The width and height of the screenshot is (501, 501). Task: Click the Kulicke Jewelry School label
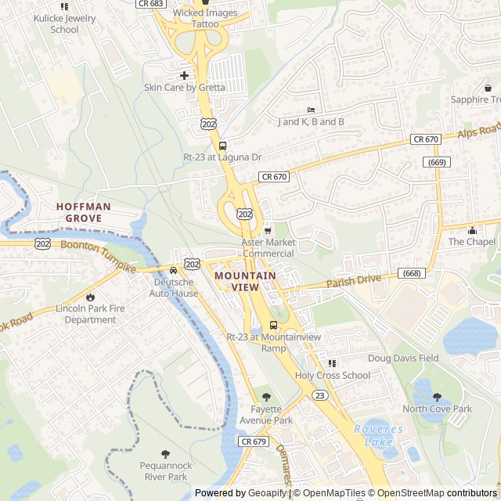[64, 23]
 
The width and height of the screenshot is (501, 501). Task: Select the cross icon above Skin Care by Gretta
[184, 75]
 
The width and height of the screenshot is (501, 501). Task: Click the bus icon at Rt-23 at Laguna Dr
[222, 145]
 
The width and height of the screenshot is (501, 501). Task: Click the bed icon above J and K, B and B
[311, 110]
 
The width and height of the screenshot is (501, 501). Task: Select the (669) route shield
[438, 162]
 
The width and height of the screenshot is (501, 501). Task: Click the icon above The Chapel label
[472, 230]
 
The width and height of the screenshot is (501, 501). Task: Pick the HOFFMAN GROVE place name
[84, 212]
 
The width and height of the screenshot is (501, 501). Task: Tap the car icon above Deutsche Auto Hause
[173, 270]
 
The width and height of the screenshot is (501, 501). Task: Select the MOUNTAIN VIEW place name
[245, 281]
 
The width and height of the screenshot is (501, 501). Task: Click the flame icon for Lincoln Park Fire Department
[91, 297]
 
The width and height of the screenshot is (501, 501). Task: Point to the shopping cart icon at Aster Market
[268, 230]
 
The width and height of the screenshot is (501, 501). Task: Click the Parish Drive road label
[353, 280]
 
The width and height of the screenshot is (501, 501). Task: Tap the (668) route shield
[412, 272]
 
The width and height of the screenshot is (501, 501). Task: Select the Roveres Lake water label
[379, 435]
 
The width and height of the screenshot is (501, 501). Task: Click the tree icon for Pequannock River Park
[165, 454]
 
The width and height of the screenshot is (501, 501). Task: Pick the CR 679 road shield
[254, 442]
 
